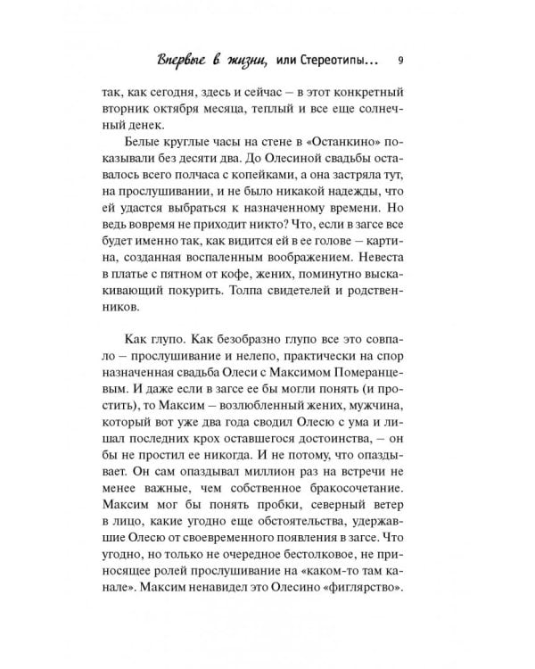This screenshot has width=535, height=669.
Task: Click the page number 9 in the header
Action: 401,61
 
